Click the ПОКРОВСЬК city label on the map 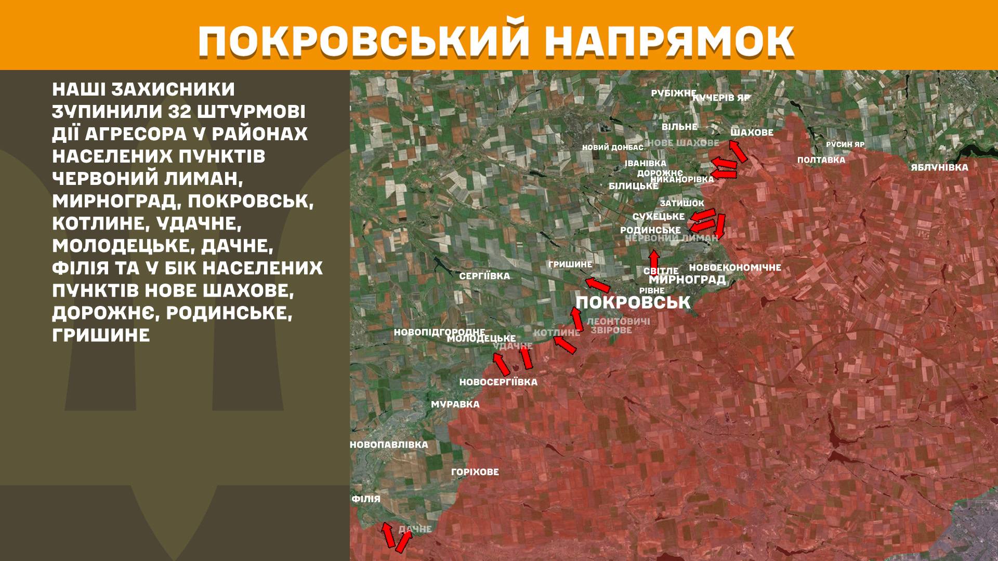point(633,302)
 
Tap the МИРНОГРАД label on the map point(687,280)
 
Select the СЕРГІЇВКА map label point(484,276)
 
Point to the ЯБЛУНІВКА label point(939,167)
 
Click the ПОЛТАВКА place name point(821,160)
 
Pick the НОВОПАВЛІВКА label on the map point(389,445)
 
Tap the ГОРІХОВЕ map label point(475,472)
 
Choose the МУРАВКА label point(455,404)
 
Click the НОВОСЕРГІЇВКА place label point(498,382)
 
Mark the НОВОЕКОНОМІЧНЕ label point(735,268)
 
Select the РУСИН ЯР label point(845,144)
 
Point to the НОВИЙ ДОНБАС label point(612,148)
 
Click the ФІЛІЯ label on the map point(366,499)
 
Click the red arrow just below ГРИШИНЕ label point(597,285)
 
